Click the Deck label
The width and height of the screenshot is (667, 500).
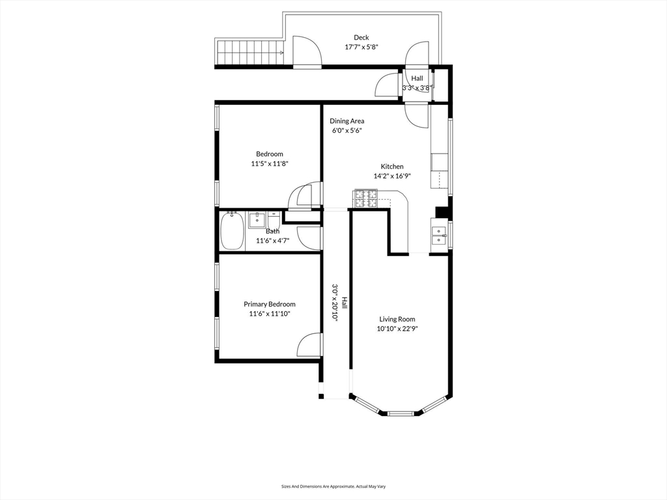361,37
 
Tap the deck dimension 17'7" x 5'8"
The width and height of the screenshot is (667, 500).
361,47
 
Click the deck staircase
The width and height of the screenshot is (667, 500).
250,52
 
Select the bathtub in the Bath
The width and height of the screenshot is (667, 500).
232,231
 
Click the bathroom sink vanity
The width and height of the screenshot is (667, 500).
257,220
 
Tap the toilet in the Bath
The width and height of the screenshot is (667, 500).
273,220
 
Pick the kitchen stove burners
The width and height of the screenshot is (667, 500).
365,199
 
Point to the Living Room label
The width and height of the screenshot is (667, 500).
397,319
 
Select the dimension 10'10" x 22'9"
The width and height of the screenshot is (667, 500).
397,329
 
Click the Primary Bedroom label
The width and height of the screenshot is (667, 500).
269,304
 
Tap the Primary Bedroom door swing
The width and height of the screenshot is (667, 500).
308,345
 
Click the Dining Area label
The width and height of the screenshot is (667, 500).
347,120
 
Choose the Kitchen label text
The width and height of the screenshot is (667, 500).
391,166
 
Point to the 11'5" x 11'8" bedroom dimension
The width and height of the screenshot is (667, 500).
270,163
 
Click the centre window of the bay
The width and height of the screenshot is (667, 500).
401,412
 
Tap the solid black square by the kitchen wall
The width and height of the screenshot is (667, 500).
442,212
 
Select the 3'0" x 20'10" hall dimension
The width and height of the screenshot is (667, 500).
334,302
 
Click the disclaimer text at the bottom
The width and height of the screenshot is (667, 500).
333,486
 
